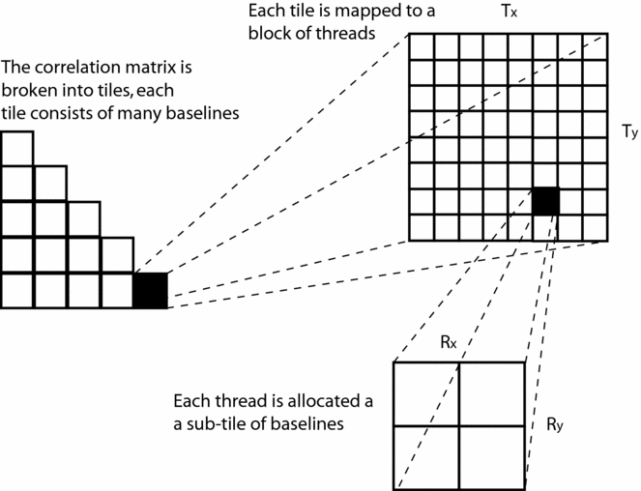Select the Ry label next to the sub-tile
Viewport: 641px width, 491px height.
(555, 423)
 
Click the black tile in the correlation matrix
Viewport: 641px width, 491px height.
(150, 291)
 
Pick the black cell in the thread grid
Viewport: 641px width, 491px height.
(545, 201)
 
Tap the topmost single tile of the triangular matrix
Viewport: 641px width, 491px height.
(16, 148)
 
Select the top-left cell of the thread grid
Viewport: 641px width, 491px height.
(422, 46)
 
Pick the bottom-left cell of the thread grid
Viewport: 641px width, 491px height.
(422, 226)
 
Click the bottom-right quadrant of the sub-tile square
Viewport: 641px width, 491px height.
(491, 456)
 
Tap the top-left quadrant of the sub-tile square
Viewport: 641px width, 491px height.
(426, 393)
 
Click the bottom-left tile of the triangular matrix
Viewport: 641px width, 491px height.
(16, 291)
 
